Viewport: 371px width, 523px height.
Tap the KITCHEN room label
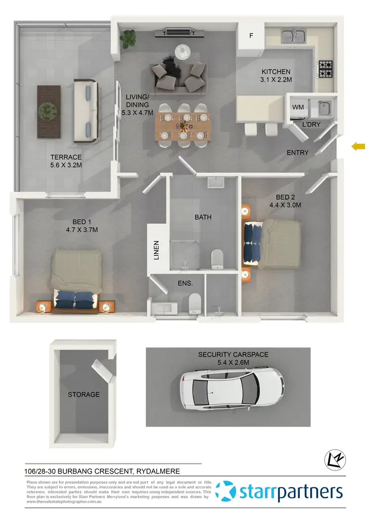tap(276, 72)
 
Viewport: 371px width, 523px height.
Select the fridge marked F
tap(251, 36)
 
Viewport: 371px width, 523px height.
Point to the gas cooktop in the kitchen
tap(325, 70)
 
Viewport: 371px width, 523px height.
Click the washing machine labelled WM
tap(298, 107)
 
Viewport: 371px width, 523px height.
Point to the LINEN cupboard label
tap(156, 250)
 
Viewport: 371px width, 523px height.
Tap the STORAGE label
tap(84, 394)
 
